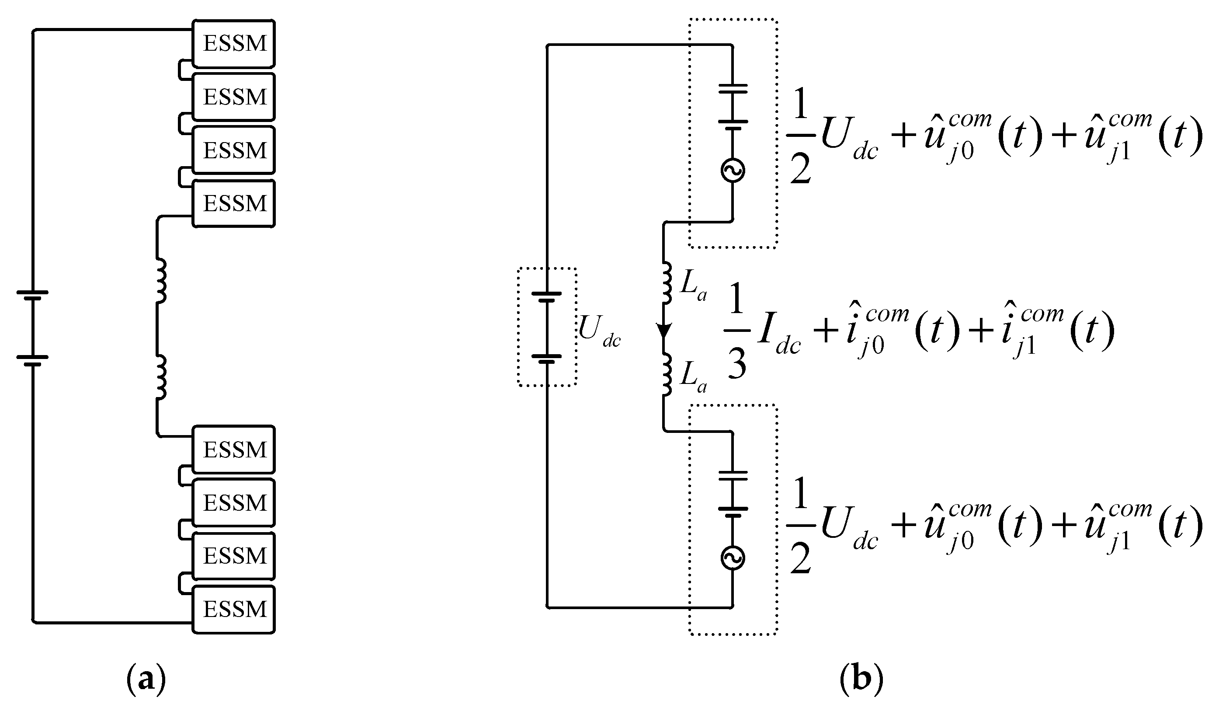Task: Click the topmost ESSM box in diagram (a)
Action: click(234, 43)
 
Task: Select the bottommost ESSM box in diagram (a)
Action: click(234, 610)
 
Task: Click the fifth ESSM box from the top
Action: click(234, 450)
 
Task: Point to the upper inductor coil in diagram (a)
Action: click(161, 281)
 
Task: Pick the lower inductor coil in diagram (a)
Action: click(161, 377)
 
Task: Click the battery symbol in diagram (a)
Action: click(33, 328)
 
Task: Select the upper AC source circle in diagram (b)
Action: click(733, 171)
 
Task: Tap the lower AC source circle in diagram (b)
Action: click(733, 558)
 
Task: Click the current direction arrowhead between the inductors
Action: click(664, 331)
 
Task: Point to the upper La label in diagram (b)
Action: click(693, 287)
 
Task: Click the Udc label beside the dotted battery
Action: click(599, 331)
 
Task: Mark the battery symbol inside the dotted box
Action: click(547, 327)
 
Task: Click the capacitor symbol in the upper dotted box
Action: click(733, 105)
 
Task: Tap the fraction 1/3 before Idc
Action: click(736, 330)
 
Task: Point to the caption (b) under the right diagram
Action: click(862, 680)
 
